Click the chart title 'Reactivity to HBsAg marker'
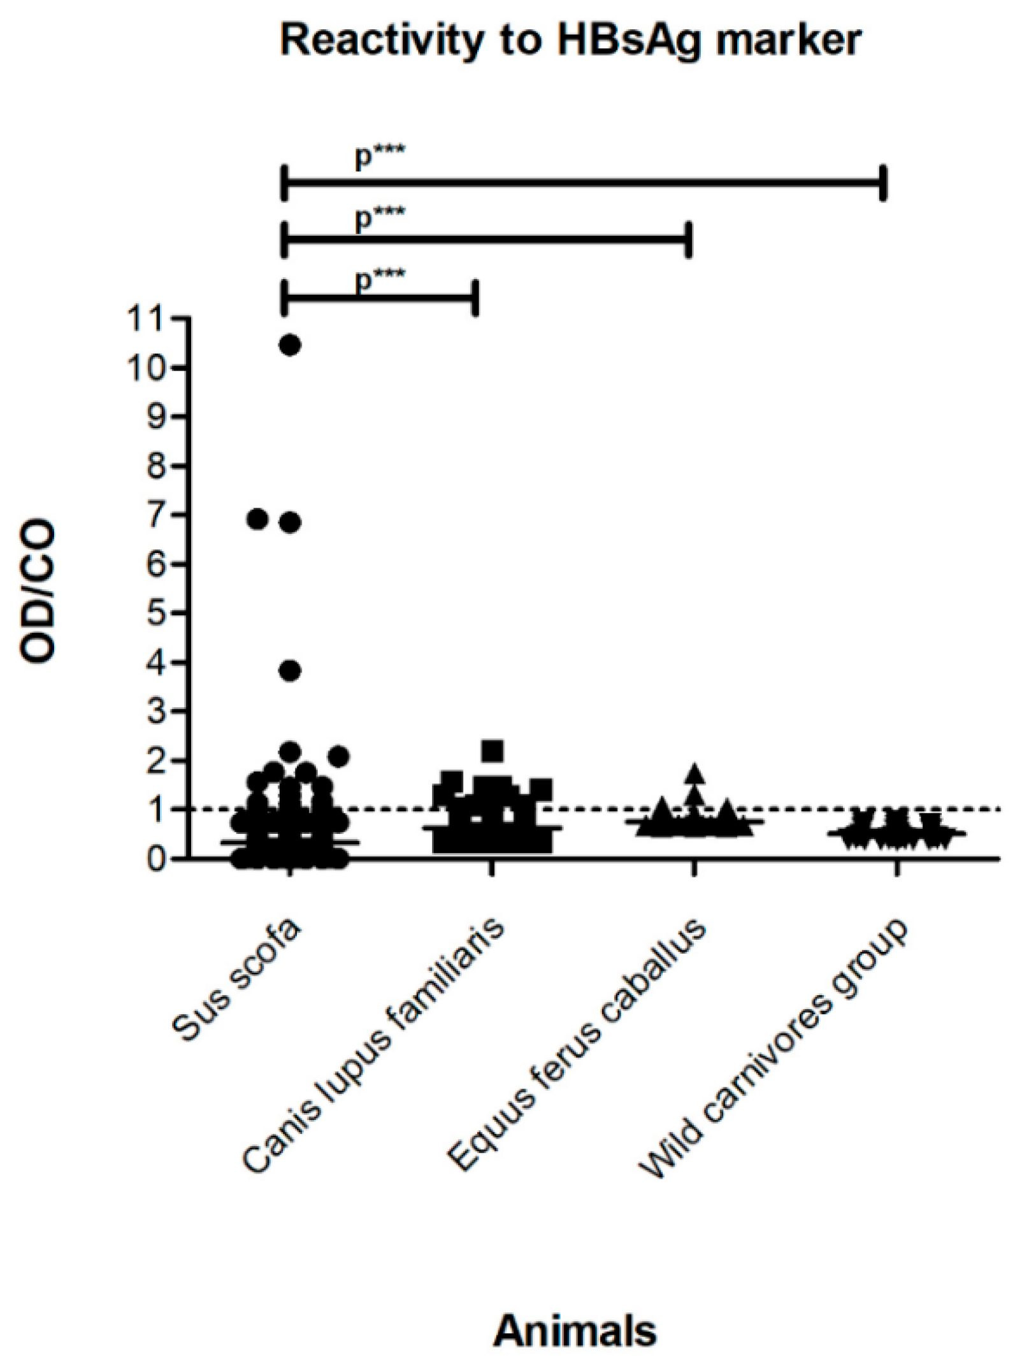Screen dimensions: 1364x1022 [x=570, y=40]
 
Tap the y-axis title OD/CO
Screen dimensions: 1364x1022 [x=38, y=591]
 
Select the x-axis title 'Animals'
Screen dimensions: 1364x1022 [x=575, y=1330]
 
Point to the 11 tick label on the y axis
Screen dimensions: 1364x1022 [x=144, y=319]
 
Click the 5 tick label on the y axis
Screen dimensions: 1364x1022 [x=157, y=613]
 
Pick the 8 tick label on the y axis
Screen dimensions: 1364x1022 [x=157, y=466]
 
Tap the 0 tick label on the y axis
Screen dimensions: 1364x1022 [x=157, y=858]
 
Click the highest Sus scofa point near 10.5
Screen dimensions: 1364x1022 [x=291, y=345]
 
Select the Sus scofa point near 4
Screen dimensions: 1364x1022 [x=291, y=671]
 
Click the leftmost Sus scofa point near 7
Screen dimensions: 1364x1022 [x=257, y=520]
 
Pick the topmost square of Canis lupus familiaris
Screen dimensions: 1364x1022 [x=493, y=750]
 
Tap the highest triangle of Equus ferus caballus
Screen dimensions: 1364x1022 [x=695, y=773]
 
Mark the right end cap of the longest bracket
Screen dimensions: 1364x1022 [x=882, y=183]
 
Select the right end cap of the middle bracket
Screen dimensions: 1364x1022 [x=688, y=240]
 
